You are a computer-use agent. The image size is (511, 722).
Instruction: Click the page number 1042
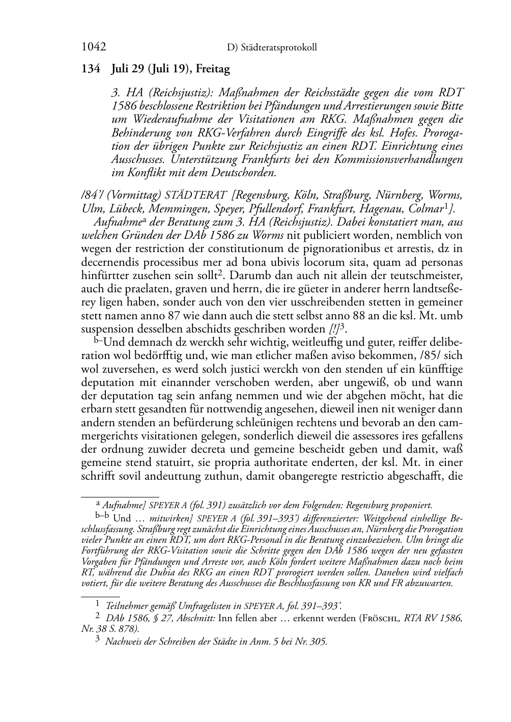(x=94, y=47)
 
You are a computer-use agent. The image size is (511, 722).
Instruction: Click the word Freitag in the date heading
(x=213, y=68)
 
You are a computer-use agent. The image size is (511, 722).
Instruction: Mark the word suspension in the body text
(x=107, y=328)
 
